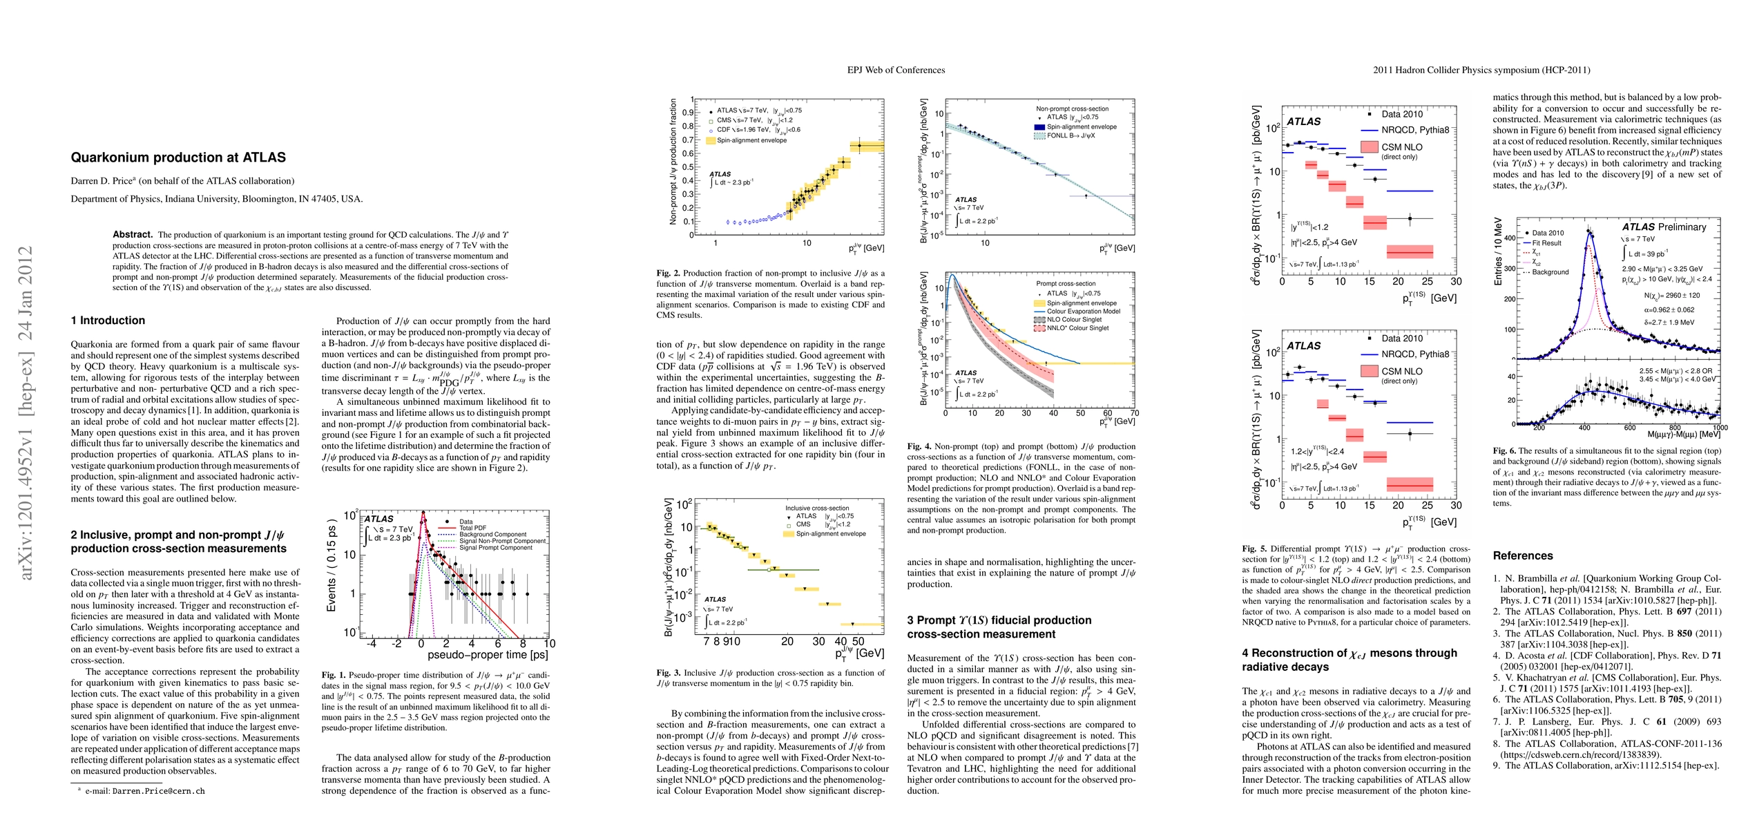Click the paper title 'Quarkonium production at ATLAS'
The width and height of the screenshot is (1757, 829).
point(178,158)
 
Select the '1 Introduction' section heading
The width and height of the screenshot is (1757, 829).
point(108,321)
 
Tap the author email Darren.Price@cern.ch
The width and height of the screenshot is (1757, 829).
point(159,791)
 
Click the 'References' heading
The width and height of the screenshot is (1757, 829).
point(1522,555)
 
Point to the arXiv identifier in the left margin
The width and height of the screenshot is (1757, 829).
point(26,412)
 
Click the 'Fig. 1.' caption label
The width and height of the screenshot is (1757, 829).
point(334,675)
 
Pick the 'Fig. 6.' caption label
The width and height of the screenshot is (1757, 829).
point(1505,450)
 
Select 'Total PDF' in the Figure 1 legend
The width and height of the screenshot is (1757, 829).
point(472,528)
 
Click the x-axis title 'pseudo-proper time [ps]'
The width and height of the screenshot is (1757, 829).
point(488,654)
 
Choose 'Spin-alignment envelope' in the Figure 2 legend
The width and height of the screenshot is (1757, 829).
point(751,140)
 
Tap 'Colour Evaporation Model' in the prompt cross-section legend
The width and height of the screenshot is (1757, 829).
point(1081,311)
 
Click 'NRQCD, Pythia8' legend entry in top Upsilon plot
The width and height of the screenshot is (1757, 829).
point(1415,130)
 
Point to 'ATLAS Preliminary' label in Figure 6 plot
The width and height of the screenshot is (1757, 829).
point(1664,227)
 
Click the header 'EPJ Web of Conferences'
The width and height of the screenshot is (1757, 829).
point(896,70)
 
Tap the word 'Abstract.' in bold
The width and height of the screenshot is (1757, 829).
point(133,234)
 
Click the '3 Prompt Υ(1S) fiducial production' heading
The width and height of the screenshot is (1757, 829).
point(999,620)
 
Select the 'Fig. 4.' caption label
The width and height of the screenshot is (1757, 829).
point(919,446)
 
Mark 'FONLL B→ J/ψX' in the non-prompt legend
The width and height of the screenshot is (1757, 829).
point(1070,135)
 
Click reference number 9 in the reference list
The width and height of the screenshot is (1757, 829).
point(1497,765)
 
